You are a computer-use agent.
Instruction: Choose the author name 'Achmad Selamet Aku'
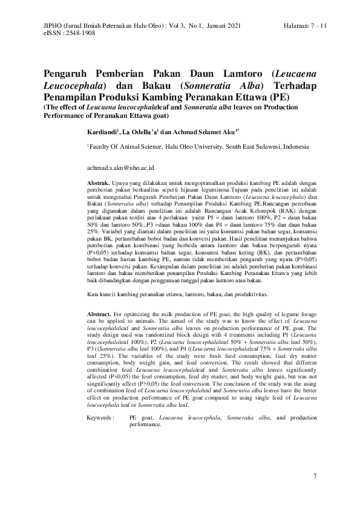(x=208, y=131)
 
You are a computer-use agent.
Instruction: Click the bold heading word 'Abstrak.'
(x=99, y=182)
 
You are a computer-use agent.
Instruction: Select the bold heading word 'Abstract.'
(x=100, y=315)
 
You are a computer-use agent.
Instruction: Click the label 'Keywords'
(x=100, y=418)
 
